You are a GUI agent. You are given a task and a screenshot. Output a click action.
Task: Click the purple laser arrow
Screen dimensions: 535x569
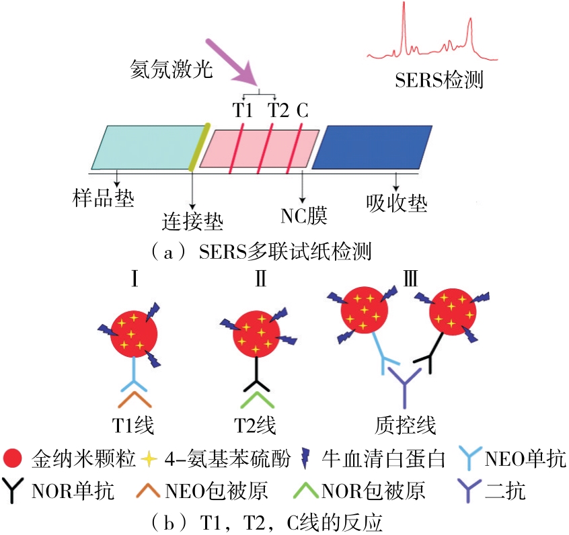(232, 61)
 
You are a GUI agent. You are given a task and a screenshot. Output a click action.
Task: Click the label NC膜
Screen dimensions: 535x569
(303, 216)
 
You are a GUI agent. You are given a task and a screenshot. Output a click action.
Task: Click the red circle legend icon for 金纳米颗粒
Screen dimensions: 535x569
(15, 460)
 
